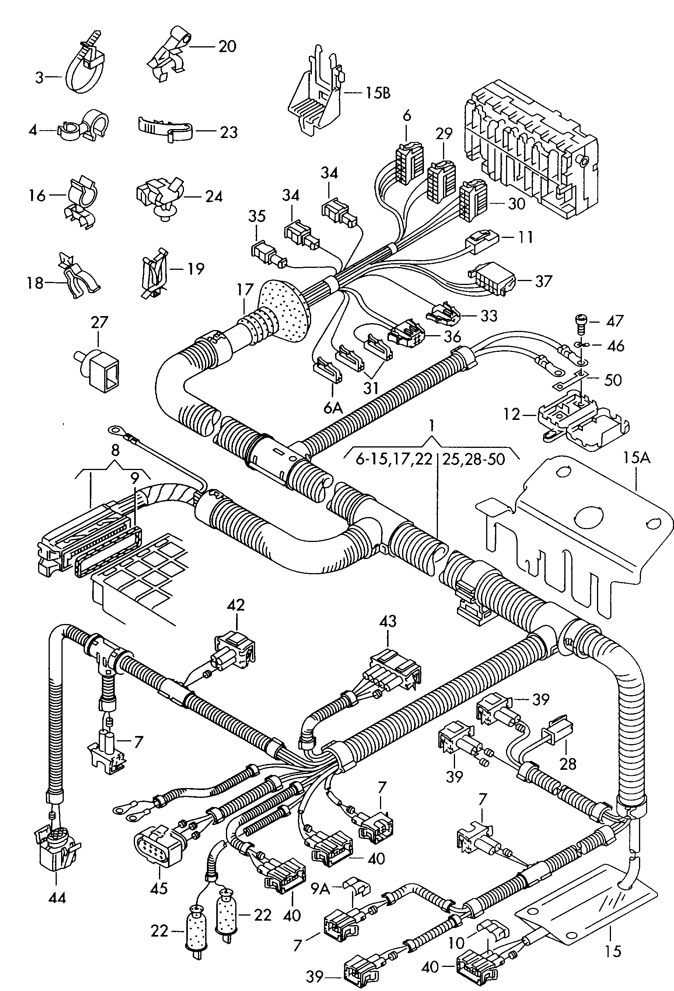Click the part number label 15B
coord(377,93)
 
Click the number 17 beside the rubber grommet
coord(245,290)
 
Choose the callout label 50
coord(612,379)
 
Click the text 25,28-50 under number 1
coord(473,459)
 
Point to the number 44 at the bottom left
coord(57,899)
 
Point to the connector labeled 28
coord(555,732)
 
